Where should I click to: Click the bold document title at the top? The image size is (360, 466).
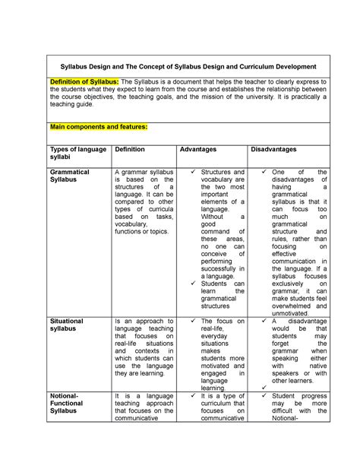point(180,68)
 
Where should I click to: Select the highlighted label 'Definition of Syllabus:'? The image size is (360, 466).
point(84,81)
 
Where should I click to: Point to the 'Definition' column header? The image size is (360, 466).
point(131,150)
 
